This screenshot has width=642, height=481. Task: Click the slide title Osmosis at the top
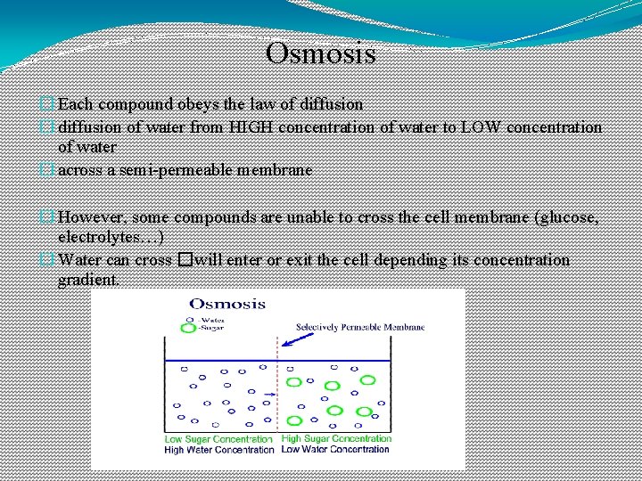point(321,53)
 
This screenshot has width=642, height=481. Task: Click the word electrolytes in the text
point(100,238)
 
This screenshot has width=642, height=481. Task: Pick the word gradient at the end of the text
point(86,280)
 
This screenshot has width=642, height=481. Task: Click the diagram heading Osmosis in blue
point(227,304)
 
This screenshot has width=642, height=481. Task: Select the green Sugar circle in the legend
point(187,329)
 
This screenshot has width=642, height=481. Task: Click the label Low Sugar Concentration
point(218,439)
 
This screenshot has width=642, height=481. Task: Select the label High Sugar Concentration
point(336,438)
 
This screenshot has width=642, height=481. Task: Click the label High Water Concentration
point(218,450)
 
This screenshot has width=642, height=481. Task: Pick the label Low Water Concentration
point(335,449)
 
